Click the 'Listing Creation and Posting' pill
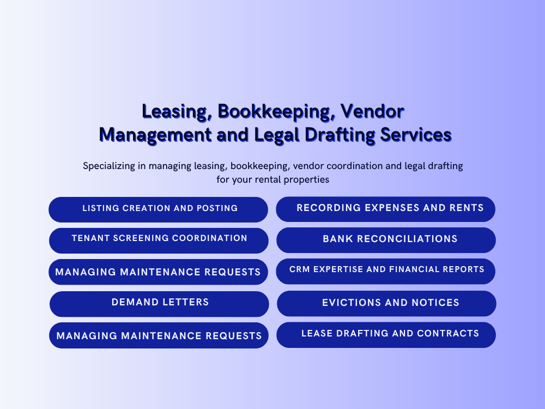pyautogui.click(x=158, y=210)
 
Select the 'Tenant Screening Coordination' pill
pyautogui.click(x=159, y=240)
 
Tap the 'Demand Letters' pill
pyautogui.click(x=159, y=304)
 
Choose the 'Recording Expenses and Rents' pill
pyautogui.click(x=385, y=209)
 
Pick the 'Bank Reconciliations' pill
pyautogui.click(x=386, y=240)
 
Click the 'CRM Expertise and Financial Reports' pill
pyautogui.click(x=385, y=271)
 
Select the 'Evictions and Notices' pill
pyautogui.click(x=386, y=304)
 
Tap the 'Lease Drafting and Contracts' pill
pyautogui.click(x=386, y=335)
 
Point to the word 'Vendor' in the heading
pyautogui.click(x=372, y=112)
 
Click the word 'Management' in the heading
pyautogui.click(x=155, y=135)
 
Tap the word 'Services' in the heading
pyautogui.click(x=416, y=135)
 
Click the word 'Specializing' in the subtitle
pyautogui.click(x=109, y=166)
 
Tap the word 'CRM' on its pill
pyautogui.click(x=300, y=269)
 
